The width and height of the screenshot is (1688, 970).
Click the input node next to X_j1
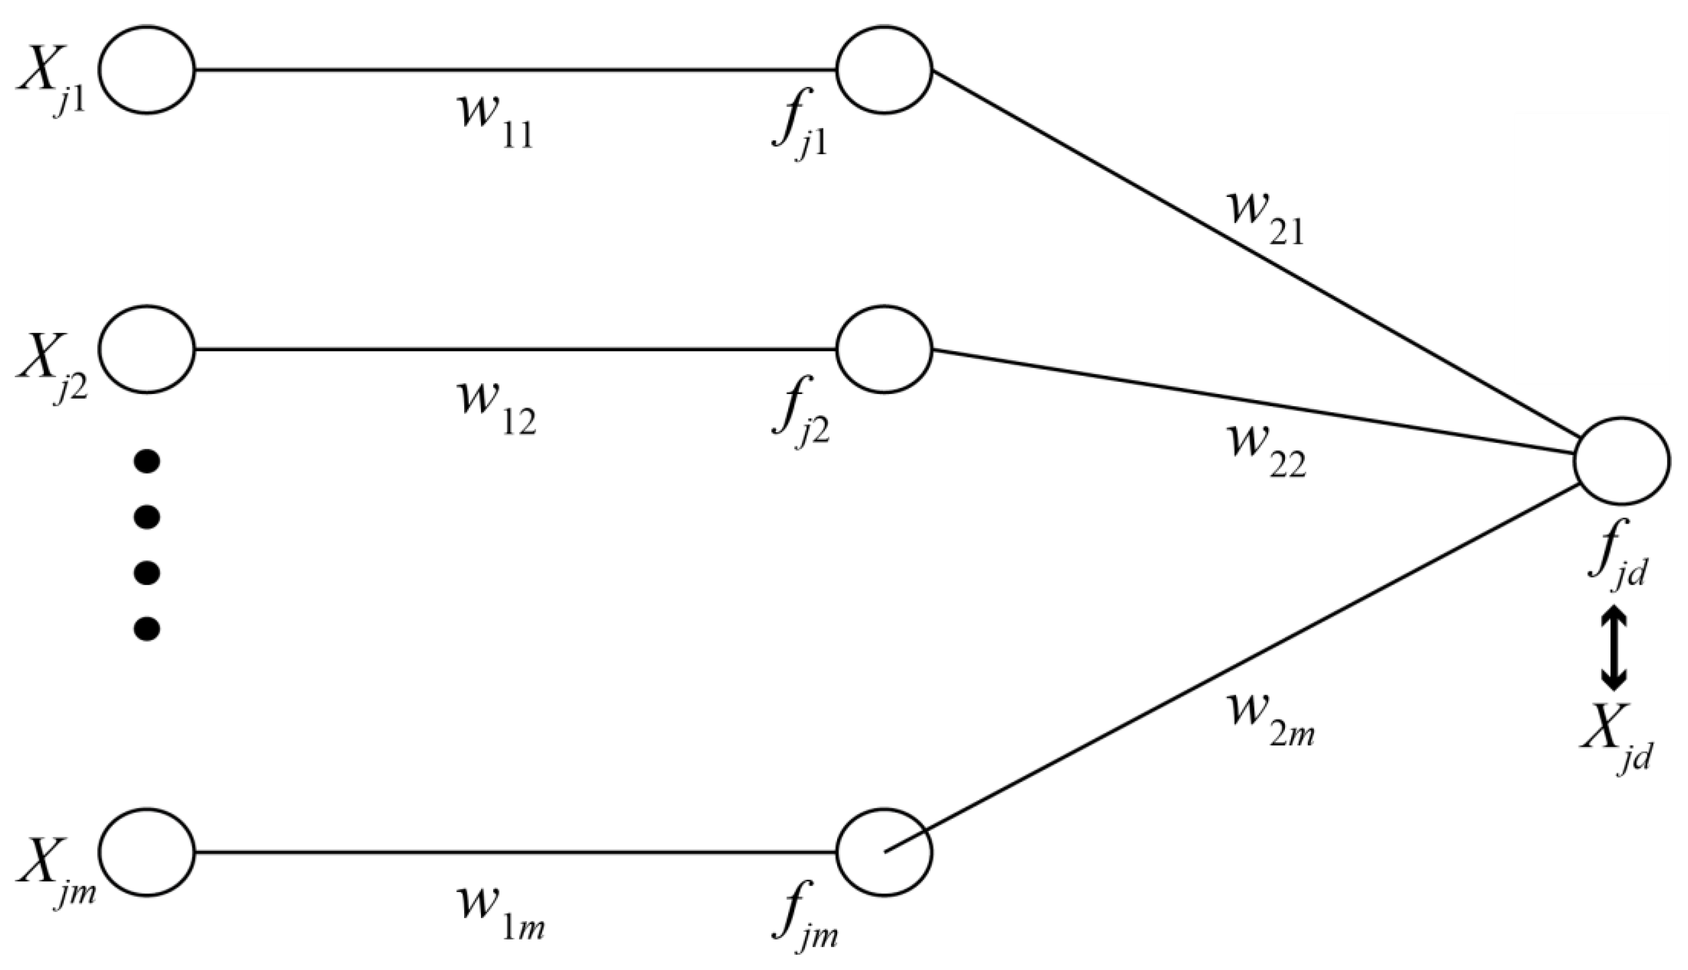coord(147,69)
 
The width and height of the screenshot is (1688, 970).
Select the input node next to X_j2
coord(147,349)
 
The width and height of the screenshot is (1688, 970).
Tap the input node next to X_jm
coord(147,851)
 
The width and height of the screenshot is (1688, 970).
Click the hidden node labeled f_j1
coord(884,69)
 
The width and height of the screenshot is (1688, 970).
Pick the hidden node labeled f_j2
coord(884,349)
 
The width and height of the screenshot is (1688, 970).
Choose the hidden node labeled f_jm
coord(884,851)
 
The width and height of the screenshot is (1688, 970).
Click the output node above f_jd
coord(1621,461)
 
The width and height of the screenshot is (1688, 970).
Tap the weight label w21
coord(1264,218)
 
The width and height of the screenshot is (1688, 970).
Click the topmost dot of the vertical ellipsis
coord(147,461)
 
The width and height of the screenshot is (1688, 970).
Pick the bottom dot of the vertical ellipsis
coord(147,627)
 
